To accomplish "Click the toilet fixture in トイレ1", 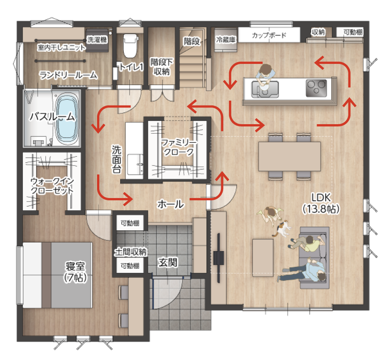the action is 130,46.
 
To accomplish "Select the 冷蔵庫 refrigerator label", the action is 225,39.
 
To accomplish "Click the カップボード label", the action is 269,35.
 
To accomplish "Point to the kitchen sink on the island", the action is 265,89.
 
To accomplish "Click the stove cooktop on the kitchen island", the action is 317,88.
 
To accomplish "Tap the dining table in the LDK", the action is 289,156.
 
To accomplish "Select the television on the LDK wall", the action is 218,258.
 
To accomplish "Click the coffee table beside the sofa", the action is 263,257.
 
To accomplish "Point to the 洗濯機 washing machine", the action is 97,40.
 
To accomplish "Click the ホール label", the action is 171,204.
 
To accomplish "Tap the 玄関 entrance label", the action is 167,262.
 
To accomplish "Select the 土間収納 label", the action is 130,252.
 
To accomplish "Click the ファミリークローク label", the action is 179,147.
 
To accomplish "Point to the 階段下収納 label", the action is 161,67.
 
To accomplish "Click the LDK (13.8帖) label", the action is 321,203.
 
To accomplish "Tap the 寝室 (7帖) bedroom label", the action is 75,272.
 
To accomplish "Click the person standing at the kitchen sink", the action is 265,76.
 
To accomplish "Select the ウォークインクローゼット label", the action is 52,186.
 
